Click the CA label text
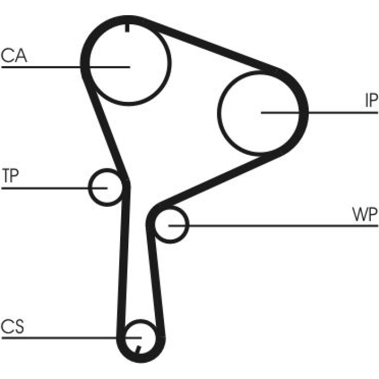point(14,55)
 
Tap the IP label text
point(371,100)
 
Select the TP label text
point(10,175)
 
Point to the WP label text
point(365,214)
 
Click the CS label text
point(12,326)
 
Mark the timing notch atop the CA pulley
point(127,28)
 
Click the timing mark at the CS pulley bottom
point(139,350)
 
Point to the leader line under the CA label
point(66,67)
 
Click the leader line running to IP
point(319,113)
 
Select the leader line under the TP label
point(54,188)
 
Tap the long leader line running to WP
point(273,226)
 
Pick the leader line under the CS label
point(71,337)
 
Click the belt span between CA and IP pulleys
point(210,46)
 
